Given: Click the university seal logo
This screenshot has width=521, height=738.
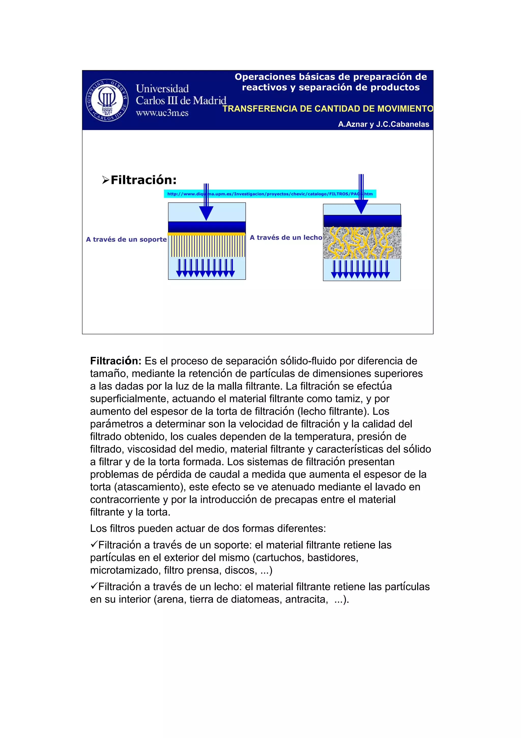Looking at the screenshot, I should click(107, 100).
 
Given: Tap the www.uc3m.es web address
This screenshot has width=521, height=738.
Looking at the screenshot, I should click(162, 113).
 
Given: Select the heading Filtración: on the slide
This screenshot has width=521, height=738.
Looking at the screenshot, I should click(143, 180).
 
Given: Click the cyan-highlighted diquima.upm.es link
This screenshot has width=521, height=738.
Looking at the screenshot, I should click(270, 194).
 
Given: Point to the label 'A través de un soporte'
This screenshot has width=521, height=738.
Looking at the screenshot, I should click(126, 239).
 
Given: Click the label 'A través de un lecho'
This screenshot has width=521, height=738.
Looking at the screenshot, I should click(286, 237).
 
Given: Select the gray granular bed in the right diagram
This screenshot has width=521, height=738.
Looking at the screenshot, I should click(362, 243).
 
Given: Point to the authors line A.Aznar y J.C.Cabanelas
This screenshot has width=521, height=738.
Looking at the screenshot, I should click(383, 124).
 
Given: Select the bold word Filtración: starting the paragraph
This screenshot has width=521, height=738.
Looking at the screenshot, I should click(115, 361).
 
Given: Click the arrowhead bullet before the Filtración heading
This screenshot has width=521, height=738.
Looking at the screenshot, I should click(106, 180).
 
